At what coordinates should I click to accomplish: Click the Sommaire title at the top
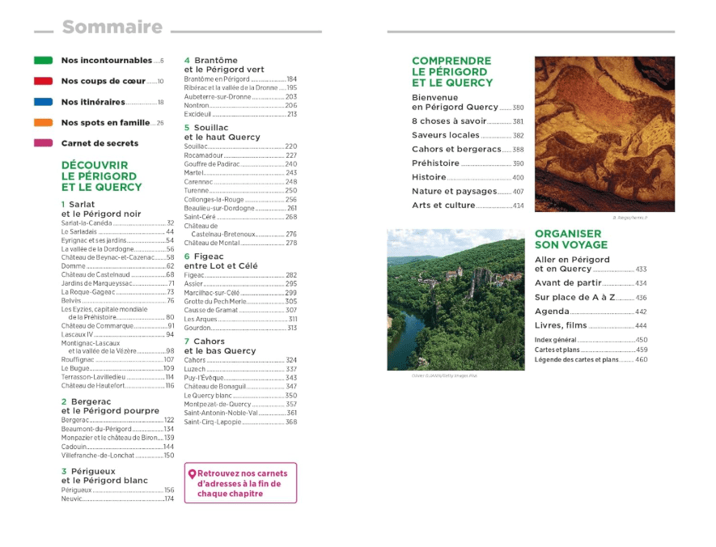(112, 28)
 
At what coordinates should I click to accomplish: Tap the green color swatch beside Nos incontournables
(44, 61)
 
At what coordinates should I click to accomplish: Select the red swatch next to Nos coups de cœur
(44, 82)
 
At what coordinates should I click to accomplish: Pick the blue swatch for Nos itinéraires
(44, 103)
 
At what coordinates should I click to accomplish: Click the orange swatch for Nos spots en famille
(44, 123)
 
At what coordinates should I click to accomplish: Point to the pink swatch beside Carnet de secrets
(44, 143)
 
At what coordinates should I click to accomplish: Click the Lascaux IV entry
(77, 334)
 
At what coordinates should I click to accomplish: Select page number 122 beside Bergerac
(169, 420)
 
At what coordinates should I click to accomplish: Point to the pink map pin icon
(192, 475)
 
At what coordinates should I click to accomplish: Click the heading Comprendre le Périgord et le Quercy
(451, 71)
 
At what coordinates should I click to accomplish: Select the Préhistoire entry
(435, 163)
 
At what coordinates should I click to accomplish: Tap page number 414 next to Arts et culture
(518, 206)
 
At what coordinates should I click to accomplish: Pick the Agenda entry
(552, 311)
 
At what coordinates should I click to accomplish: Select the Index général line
(556, 340)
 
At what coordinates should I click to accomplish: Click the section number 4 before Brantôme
(187, 61)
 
